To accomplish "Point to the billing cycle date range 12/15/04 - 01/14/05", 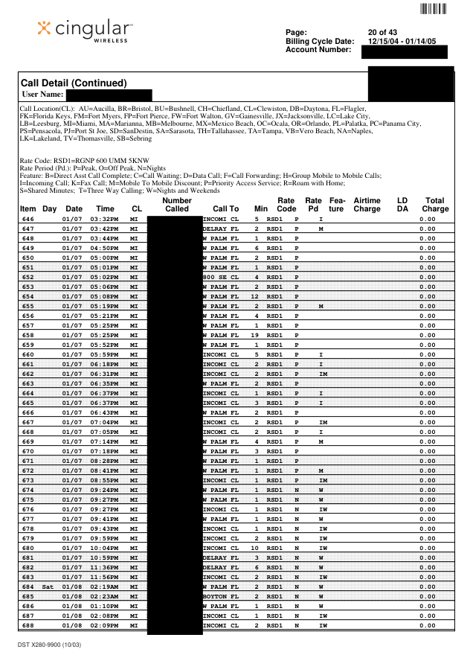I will coord(408,41).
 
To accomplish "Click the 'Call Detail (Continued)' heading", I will coord(74,83).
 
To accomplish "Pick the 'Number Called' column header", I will coord(176,205).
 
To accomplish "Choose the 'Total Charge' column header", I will coord(435,205).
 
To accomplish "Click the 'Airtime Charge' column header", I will coord(367,205).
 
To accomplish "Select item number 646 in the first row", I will coord(28,219).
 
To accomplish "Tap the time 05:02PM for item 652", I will coord(104,277).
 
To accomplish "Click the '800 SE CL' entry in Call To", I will coord(220,277).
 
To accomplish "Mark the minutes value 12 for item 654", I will coord(254,296).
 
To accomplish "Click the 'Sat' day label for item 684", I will coord(48,587).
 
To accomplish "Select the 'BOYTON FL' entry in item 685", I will coord(220,596).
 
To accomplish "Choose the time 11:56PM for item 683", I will coord(104,577).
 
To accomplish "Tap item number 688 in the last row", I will coord(28,625).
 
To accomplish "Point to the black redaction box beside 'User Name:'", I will coord(109,95).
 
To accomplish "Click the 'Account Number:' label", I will coord(318,49).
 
